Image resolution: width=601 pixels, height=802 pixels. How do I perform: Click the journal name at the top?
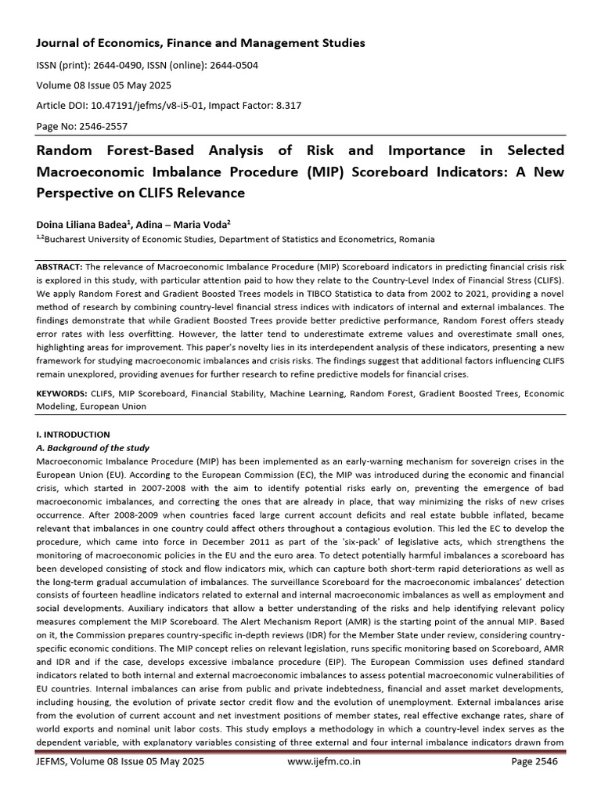tap(200, 43)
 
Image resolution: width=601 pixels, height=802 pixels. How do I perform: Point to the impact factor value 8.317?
tap(284, 104)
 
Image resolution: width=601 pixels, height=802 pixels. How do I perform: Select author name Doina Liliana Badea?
tap(87, 225)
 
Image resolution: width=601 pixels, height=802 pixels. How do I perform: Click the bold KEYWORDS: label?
tap(63, 394)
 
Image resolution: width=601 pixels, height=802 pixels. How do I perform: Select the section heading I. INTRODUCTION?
tap(74, 434)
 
